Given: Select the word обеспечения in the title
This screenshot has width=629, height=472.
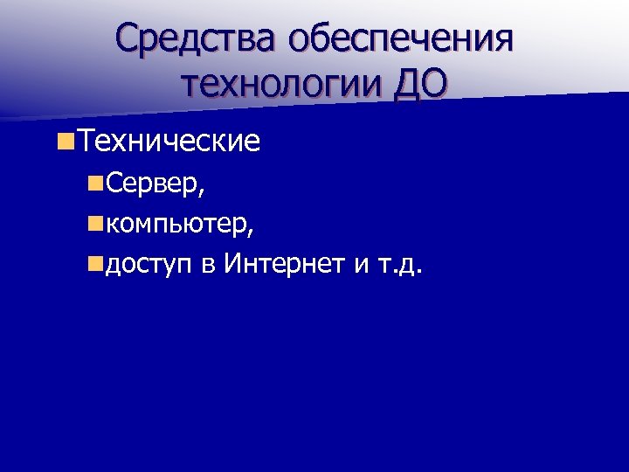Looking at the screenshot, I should point(403,40).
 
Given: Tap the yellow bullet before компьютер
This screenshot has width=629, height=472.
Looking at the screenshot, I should point(94,224).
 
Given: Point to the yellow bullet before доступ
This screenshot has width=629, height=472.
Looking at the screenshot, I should point(94,263).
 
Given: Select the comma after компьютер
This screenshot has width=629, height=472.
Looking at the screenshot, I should point(252,232).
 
